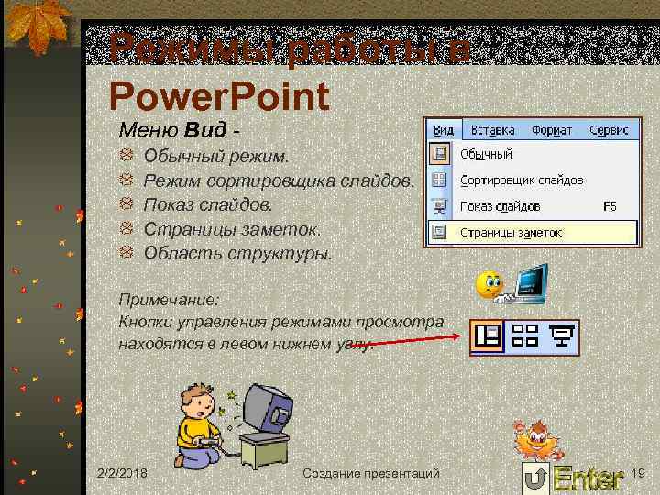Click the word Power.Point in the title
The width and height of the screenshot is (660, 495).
click(218, 95)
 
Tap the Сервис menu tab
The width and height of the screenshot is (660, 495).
click(609, 131)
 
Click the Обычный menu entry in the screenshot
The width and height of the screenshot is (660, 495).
click(486, 154)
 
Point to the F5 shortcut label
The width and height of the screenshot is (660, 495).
click(610, 206)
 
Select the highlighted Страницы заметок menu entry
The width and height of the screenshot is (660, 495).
click(511, 233)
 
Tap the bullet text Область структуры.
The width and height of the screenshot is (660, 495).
click(238, 252)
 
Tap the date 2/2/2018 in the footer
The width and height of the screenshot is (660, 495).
click(126, 473)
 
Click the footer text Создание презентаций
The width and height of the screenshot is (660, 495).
click(371, 473)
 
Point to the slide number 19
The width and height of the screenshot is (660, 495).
click(639, 473)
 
